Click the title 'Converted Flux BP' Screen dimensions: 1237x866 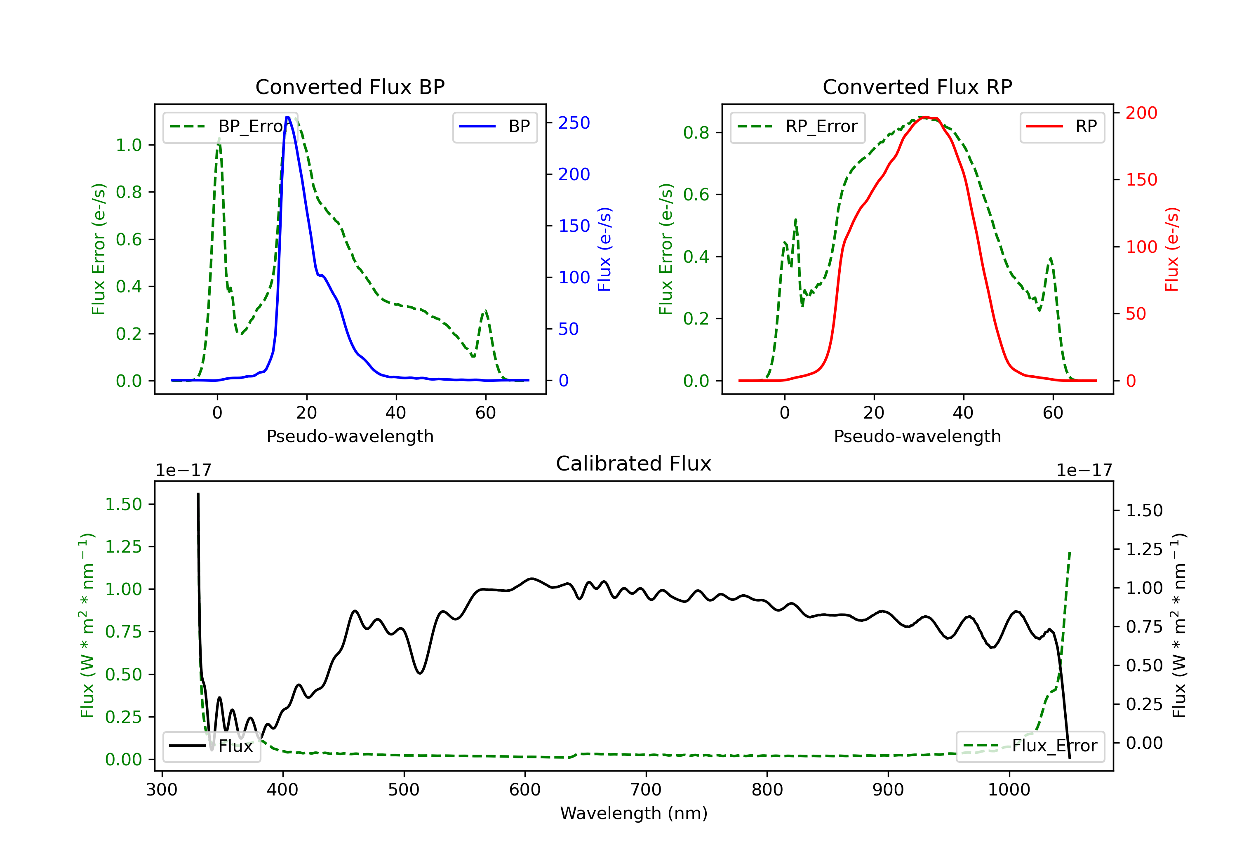point(350,87)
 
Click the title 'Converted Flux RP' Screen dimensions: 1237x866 point(917,87)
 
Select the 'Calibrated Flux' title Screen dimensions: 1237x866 point(634,464)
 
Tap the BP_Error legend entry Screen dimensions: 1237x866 point(226,127)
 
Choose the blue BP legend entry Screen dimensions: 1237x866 point(494,127)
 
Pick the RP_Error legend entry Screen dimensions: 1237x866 point(797,127)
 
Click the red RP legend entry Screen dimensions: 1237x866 point(1062,127)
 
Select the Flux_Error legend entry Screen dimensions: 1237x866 point(1030,746)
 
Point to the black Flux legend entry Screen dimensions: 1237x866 point(211,746)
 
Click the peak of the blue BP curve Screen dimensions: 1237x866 point(288,117)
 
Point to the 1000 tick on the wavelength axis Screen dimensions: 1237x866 point(1009,789)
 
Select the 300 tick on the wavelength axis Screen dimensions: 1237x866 point(162,789)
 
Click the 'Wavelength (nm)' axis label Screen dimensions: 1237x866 point(634,813)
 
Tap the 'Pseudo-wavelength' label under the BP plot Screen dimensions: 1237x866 point(350,436)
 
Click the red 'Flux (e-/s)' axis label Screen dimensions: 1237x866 point(1172,249)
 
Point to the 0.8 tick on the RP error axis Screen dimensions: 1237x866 point(696,132)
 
